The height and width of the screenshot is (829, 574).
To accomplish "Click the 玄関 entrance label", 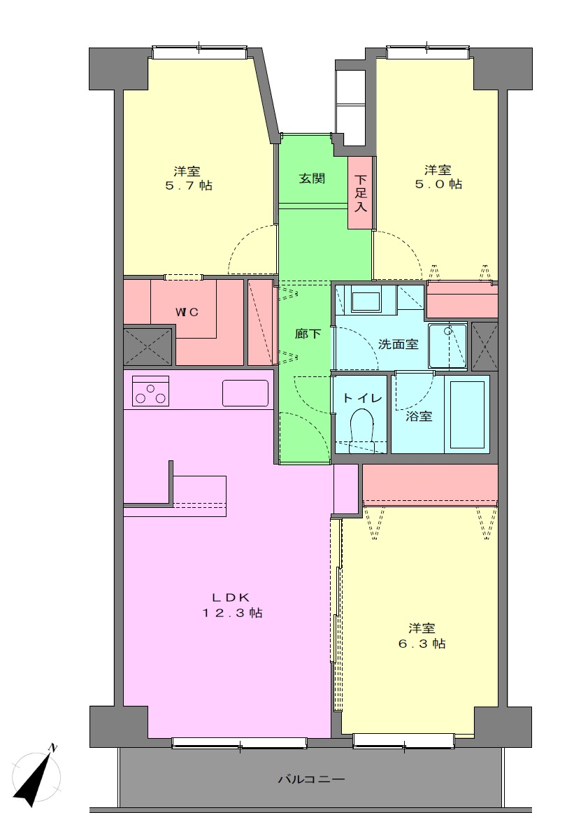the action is coord(312,178).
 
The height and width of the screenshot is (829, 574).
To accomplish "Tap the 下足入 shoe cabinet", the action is coord(361,193).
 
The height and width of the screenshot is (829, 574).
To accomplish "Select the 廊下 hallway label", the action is coord(308,334).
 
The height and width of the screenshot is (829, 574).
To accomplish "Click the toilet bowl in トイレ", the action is coord(362,427).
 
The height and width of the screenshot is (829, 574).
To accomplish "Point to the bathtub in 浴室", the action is coord(467,414).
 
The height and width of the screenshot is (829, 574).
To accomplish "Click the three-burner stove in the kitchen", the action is coord(150,390).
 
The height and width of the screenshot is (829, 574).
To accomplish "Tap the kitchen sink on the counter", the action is coord(245,393).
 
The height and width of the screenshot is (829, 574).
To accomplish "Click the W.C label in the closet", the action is coord(187,312).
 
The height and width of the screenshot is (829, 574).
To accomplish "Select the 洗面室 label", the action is coord(398,345).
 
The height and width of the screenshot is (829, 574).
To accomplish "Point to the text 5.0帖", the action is coord(438,184).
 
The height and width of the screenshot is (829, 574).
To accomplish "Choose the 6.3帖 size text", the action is coord(422,644).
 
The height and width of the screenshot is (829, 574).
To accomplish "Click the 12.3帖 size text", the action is coord(231,613).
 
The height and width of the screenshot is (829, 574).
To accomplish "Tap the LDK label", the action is coord(231,597).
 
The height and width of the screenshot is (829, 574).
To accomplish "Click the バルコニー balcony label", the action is coord(311,779).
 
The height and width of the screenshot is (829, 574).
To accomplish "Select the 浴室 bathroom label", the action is coord(419,417).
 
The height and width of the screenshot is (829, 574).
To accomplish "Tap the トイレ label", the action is coord(362,398).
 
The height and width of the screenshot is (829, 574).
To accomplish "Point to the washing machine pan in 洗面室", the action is coord(447,346).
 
